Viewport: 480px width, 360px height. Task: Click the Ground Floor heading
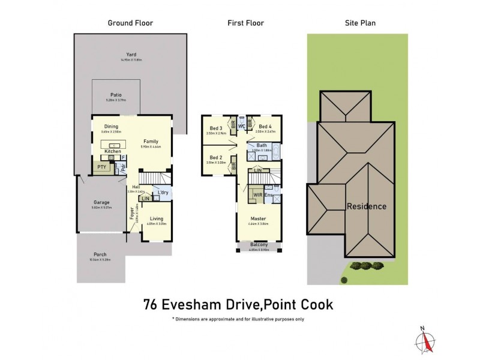click(130, 23)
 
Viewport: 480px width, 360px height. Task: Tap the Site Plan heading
click(360, 23)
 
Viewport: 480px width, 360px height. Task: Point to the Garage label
click(101, 202)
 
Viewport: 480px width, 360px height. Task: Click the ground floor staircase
click(154, 178)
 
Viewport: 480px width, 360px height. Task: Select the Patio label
click(116, 95)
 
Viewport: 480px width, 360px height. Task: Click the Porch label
click(100, 254)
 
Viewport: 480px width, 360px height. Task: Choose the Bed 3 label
click(217, 128)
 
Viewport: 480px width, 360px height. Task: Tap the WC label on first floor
click(241, 127)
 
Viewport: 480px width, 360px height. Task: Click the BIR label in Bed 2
click(234, 162)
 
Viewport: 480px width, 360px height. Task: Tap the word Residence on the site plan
click(367, 206)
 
